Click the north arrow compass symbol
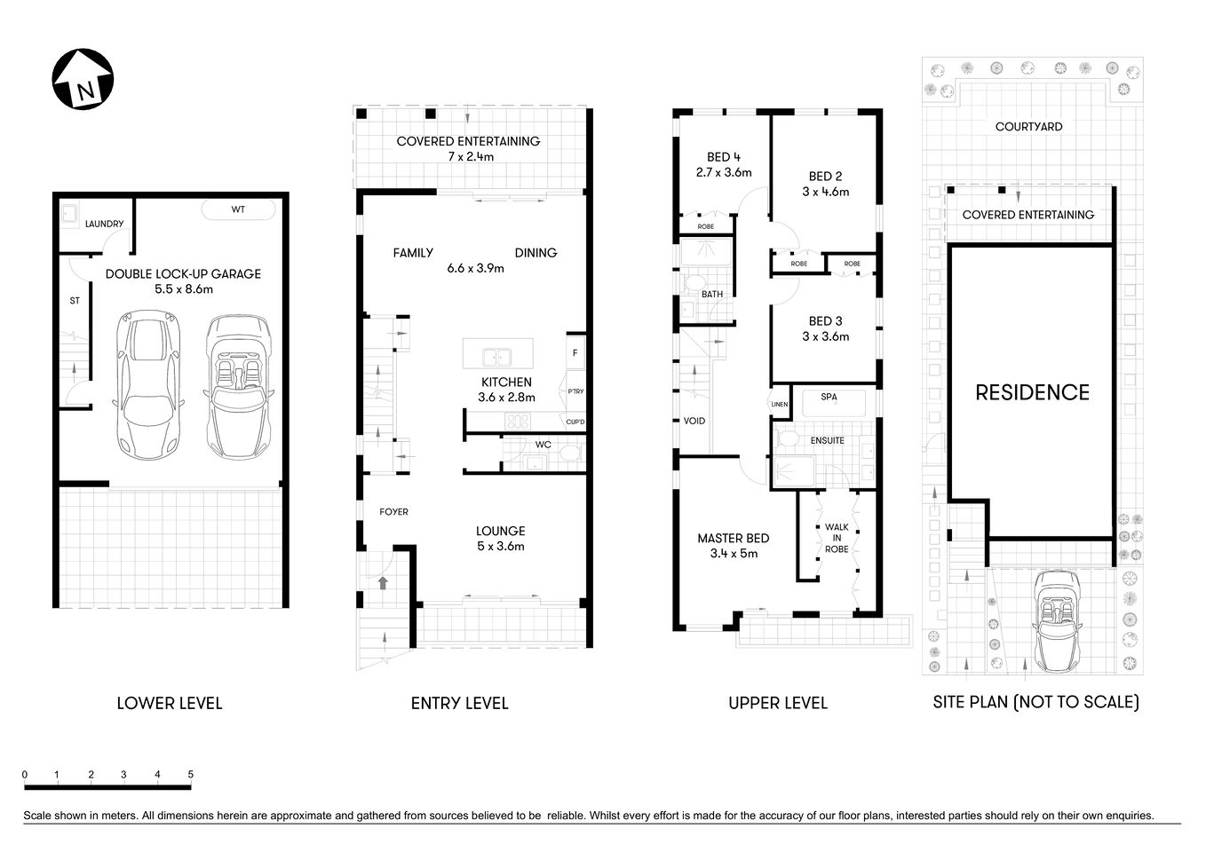pyautogui.click(x=83, y=80)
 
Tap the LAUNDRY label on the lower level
pyautogui.click(x=104, y=224)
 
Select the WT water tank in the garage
pyautogui.click(x=238, y=210)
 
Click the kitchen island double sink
pyautogui.click(x=497, y=358)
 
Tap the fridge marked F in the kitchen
pyautogui.click(x=575, y=352)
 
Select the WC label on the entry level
pyautogui.click(x=543, y=445)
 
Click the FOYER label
pyautogui.click(x=393, y=511)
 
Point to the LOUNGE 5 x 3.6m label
pyautogui.click(x=500, y=539)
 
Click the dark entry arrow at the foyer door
pyautogui.click(x=383, y=583)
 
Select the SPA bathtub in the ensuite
pyautogui.click(x=829, y=402)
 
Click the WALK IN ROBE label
pyautogui.click(x=836, y=538)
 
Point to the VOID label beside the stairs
pyautogui.click(x=694, y=421)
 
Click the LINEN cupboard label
pyautogui.click(x=779, y=405)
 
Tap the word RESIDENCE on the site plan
pyautogui.click(x=1032, y=392)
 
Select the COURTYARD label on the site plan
pyautogui.click(x=1028, y=127)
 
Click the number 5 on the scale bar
pyautogui.click(x=191, y=775)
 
